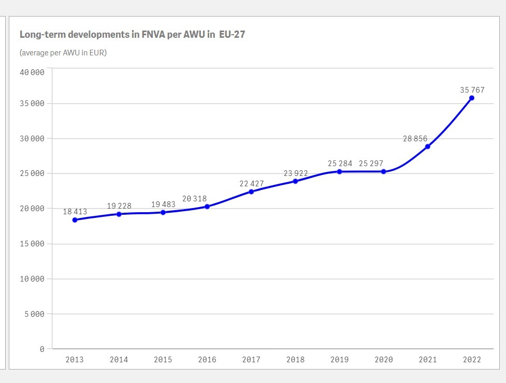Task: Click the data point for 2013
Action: click(x=75, y=220)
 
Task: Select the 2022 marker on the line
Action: click(x=472, y=98)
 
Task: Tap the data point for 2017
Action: click(x=251, y=192)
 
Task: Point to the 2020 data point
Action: click(x=383, y=171)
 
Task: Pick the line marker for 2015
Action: click(x=163, y=212)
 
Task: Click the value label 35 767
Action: click(x=472, y=90)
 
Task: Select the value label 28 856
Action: click(x=415, y=139)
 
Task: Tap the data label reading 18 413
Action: click(x=75, y=212)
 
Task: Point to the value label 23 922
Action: click(x=296, y=173)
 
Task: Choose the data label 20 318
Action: click(x=194, y=199)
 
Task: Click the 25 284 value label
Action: click(x=340, y=164)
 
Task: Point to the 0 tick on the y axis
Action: click(x=42, y=349)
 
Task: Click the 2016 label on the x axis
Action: click(x=207, y=360)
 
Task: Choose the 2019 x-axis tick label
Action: click(x=339, y=360)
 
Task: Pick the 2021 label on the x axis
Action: click(x=428, y=360)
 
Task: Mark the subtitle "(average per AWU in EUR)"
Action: click(x=63, y=52)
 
